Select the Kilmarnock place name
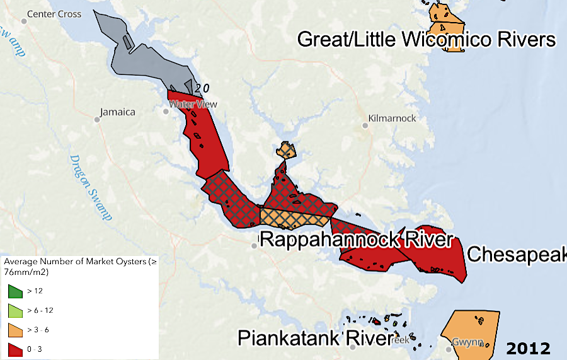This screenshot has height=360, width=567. (392, 118)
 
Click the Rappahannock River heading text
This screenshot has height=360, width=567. (355, 240)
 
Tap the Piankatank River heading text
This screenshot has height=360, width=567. (314, 338)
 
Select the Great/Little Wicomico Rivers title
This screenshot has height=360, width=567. (427, 40)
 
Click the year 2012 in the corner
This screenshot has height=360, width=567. (528, 349)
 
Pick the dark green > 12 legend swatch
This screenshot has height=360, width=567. (14, 291)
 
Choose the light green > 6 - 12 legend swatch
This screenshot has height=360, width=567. (14, 311)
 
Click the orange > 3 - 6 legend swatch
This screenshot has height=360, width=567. (14, 330)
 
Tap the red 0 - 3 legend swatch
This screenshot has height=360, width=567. (14, 349)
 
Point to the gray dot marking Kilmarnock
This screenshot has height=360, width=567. (365, 125)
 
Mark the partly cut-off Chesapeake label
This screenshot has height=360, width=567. (517, 255)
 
